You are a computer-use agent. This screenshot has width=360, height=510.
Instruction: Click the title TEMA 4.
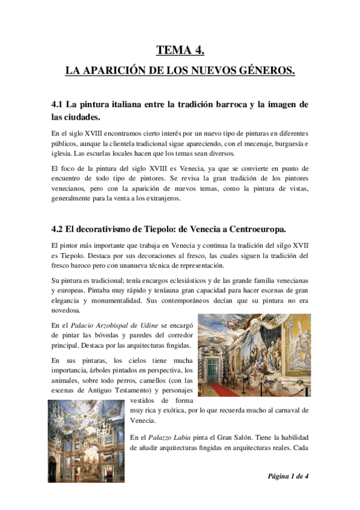[x=180, y=50]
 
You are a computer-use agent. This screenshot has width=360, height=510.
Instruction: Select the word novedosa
[x=65, y=311]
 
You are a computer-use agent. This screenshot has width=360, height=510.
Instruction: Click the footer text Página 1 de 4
[x=288, y=475]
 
